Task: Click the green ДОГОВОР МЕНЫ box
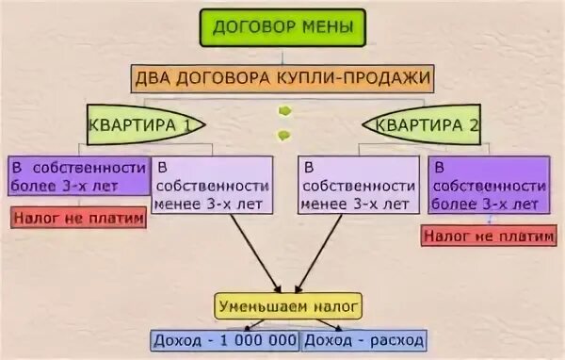(282, 27)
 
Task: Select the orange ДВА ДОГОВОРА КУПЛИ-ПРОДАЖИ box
(282, 77)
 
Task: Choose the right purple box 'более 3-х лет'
(484, 184)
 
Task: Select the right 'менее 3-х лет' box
(358, 184)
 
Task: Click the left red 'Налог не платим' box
(79, 219)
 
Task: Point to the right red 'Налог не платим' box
(487, 236)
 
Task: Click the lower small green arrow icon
(283, 135)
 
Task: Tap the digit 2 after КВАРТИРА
(473, 123)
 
